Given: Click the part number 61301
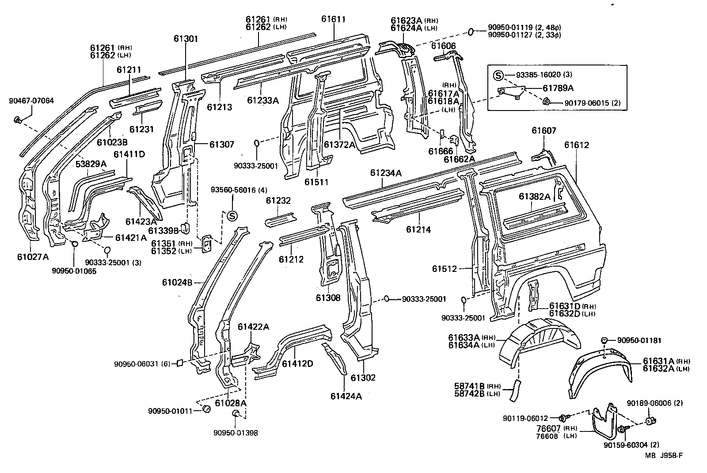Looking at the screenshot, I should tap(186, 38).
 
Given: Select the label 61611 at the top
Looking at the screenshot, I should tap(333, 19).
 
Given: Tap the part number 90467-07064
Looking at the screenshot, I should tap(31, 101).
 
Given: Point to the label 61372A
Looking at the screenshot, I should tap(339, 145).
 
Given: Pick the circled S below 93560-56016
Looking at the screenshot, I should tap(232, 216).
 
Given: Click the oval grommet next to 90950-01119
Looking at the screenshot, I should tap(471, 32).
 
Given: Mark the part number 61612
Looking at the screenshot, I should tap(576, 145).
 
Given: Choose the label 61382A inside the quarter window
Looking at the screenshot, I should tap(535, 197).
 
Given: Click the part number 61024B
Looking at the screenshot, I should tap(177, 282).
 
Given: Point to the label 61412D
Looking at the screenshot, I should tap(297, 363).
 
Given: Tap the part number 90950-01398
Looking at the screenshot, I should tap(235, 433).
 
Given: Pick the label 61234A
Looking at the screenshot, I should tap(386, 173).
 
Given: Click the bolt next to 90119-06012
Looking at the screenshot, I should tap(563, 417).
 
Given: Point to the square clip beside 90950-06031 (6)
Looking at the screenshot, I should tap(180, 363).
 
